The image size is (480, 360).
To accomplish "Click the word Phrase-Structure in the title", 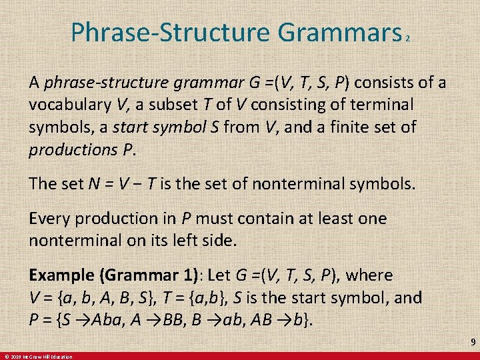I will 167,32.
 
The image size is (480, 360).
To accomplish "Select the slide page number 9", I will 472,341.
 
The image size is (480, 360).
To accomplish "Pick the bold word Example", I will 61,275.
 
